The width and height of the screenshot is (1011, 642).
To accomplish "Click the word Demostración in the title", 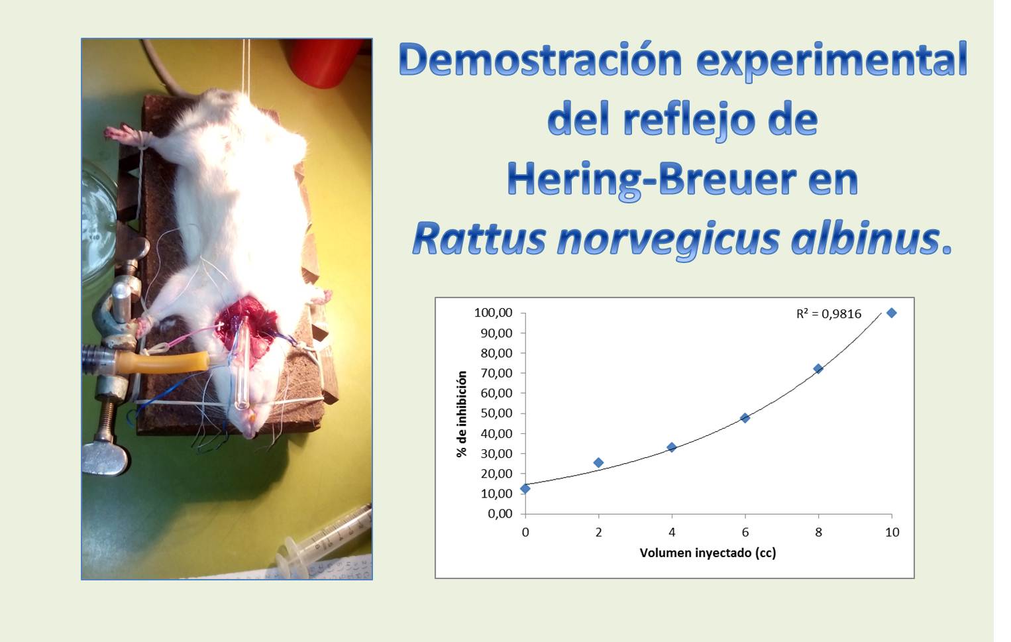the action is (x=540, y=60).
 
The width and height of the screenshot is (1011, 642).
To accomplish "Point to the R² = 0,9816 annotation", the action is (x=829, y=313).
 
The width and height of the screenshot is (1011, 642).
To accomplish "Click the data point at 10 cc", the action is (x=891, y=313).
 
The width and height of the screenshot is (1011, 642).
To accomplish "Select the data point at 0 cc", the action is (x=525, y=488).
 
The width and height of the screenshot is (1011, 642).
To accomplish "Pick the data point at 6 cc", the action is (x=745, y=418).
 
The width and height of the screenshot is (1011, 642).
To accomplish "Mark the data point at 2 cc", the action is (x=598, y=462).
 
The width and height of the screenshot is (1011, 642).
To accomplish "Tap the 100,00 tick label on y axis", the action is (x=494, y=313).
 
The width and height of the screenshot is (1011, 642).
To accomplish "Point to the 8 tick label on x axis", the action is (x=818, y=532).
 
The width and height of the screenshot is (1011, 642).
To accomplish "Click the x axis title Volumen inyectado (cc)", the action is (x=708, y=553).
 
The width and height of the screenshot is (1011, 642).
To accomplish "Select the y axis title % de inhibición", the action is (x=461, y=414).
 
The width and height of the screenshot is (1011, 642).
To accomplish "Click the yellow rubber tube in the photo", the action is (x=162, y=362).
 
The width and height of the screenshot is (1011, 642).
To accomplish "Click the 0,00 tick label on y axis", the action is (x=500, y=513).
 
